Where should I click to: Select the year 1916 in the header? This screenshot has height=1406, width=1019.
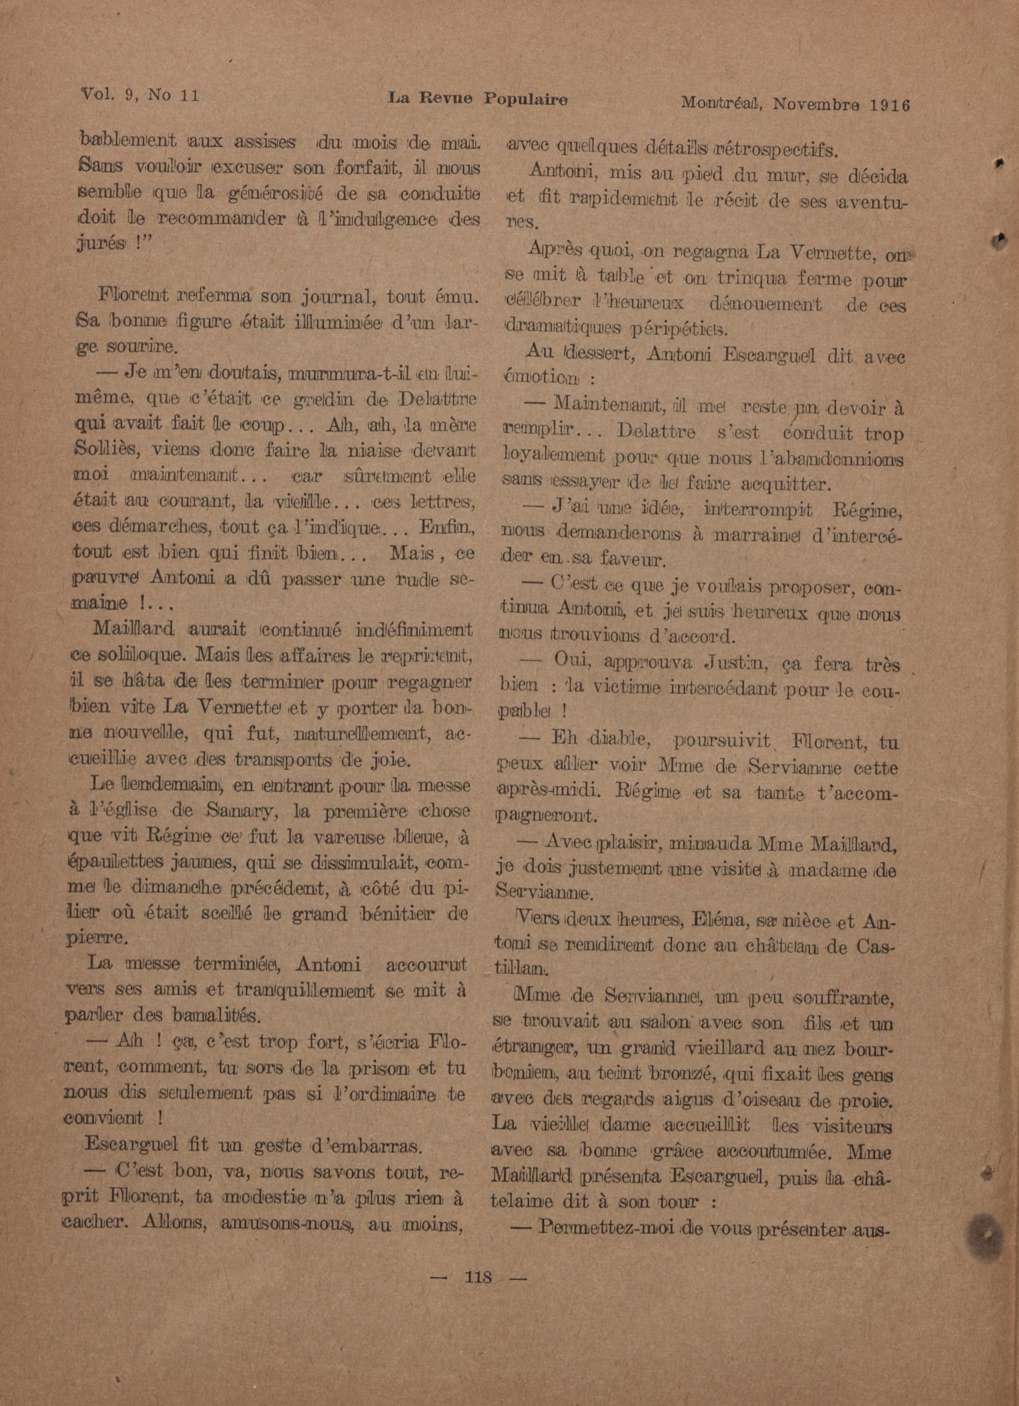pos(888,104)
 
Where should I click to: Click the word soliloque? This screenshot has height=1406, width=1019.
pos(138,654)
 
